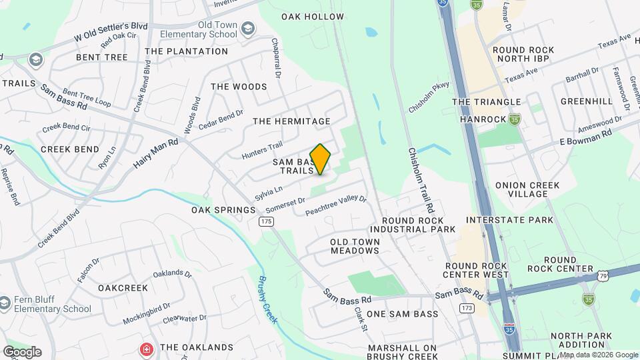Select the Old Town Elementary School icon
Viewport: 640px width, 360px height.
[248, 29]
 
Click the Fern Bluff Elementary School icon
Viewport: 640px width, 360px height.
[6, 303]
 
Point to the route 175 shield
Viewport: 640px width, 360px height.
[267, 221]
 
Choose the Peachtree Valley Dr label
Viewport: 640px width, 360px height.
[336, 205]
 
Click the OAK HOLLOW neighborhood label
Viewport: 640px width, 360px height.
[313, 17]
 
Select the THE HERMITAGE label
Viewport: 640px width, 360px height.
[292, 121]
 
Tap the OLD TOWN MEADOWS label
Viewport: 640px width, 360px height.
[355, 246]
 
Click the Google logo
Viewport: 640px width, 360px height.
[22, 351]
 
